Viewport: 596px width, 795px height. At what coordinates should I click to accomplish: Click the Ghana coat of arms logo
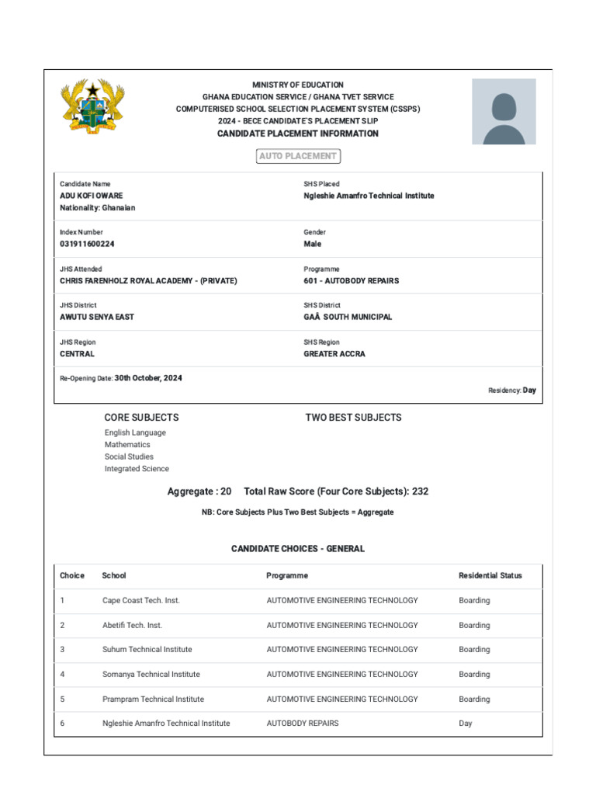pyautogui.click(x=92, y=108)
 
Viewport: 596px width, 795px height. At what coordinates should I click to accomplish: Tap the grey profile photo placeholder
pyautogui.click(x=504, y=111)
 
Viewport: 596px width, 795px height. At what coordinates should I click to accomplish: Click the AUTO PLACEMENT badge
pyautogui.click(x=298, y=156)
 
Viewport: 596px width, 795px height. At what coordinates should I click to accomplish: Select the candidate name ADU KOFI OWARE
pyautogui.click(x=92, y=196)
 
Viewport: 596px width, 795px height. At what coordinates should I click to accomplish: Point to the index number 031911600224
pyautogui.click(x=87, y=244)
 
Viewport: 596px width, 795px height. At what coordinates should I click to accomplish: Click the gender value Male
pyautogui.click(x=312, y=244)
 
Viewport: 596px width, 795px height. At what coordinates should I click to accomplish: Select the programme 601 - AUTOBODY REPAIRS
pyautogui.click(x=351, y=280)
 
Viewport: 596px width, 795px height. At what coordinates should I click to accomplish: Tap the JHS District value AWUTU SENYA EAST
pyautogui.click(x=97, y=317)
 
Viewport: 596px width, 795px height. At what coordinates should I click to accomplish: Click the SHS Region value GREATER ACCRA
pyautogui.click(x=334, y=353)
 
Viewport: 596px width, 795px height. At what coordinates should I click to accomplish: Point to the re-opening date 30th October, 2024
pyautogui.click(x=148, y=378)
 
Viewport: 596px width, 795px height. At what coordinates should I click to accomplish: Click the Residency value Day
pyautogui.click(x=529, y=391)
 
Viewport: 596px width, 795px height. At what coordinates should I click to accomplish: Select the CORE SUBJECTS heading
pyautogui.click(x=141, y=417)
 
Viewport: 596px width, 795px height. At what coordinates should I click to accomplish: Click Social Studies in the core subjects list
pyautogui.click(x=129, y=457)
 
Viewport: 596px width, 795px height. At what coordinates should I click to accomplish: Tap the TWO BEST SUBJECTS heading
pyautogui.click(x=353, y=417)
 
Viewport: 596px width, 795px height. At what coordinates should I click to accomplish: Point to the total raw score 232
pyautogui.click(x=420, y=491)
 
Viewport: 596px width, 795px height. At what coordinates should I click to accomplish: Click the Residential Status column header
pyautogui.click(x=490, y=575)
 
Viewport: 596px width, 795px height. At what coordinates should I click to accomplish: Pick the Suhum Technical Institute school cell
pyautogui.click(x=147, y=649)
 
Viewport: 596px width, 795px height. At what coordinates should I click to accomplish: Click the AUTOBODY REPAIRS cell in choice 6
pyautogui.click(x=303, y=723)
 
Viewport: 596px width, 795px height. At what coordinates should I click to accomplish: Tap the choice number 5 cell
pyautogui.click(x=62, y=699)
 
